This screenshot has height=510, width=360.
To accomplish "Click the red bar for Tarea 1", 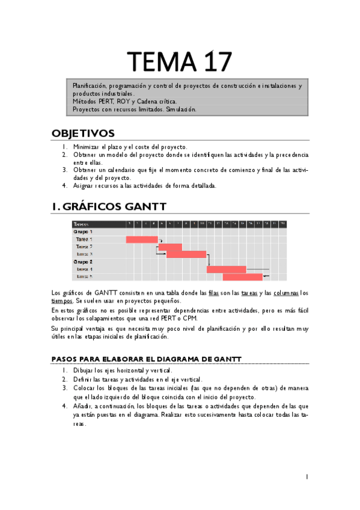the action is pyautogui.click(x=142, y=239).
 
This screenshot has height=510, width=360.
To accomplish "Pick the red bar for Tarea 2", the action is pyautogui.click(x=170, y=247).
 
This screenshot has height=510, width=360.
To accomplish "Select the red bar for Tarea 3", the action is pyautogui.click(x=186, y=254).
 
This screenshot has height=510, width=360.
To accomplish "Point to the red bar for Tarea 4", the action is pyautogui.click(x=226, y=269).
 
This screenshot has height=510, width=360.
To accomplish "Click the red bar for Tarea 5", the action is pyautogui.click(x=242, y=277).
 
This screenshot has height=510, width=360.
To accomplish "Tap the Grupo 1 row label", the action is pyautogui.click(x=83, y=232).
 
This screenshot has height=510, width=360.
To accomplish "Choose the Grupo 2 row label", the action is pyautogui.click(x=83, y=262).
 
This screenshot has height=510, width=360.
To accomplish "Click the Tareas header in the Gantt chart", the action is pyautogui.click(x=81, y=224).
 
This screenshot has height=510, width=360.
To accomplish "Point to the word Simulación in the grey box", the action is pyautogui.click(x=180, y=109).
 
